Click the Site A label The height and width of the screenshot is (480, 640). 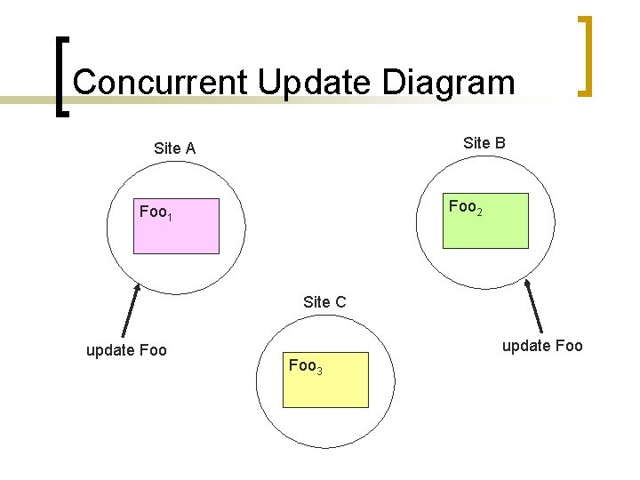pos(174,148)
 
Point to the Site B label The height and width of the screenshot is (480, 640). pos(484,142)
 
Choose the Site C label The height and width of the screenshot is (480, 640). pos(324,302)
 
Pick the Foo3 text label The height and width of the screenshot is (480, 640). pos(305,365)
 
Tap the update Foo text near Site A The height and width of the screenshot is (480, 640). pos(126,350)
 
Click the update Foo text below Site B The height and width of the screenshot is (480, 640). pos(542,346)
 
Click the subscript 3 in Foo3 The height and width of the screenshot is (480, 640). pos(318,370)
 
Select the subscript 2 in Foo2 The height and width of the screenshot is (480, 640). pos(479,212)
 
